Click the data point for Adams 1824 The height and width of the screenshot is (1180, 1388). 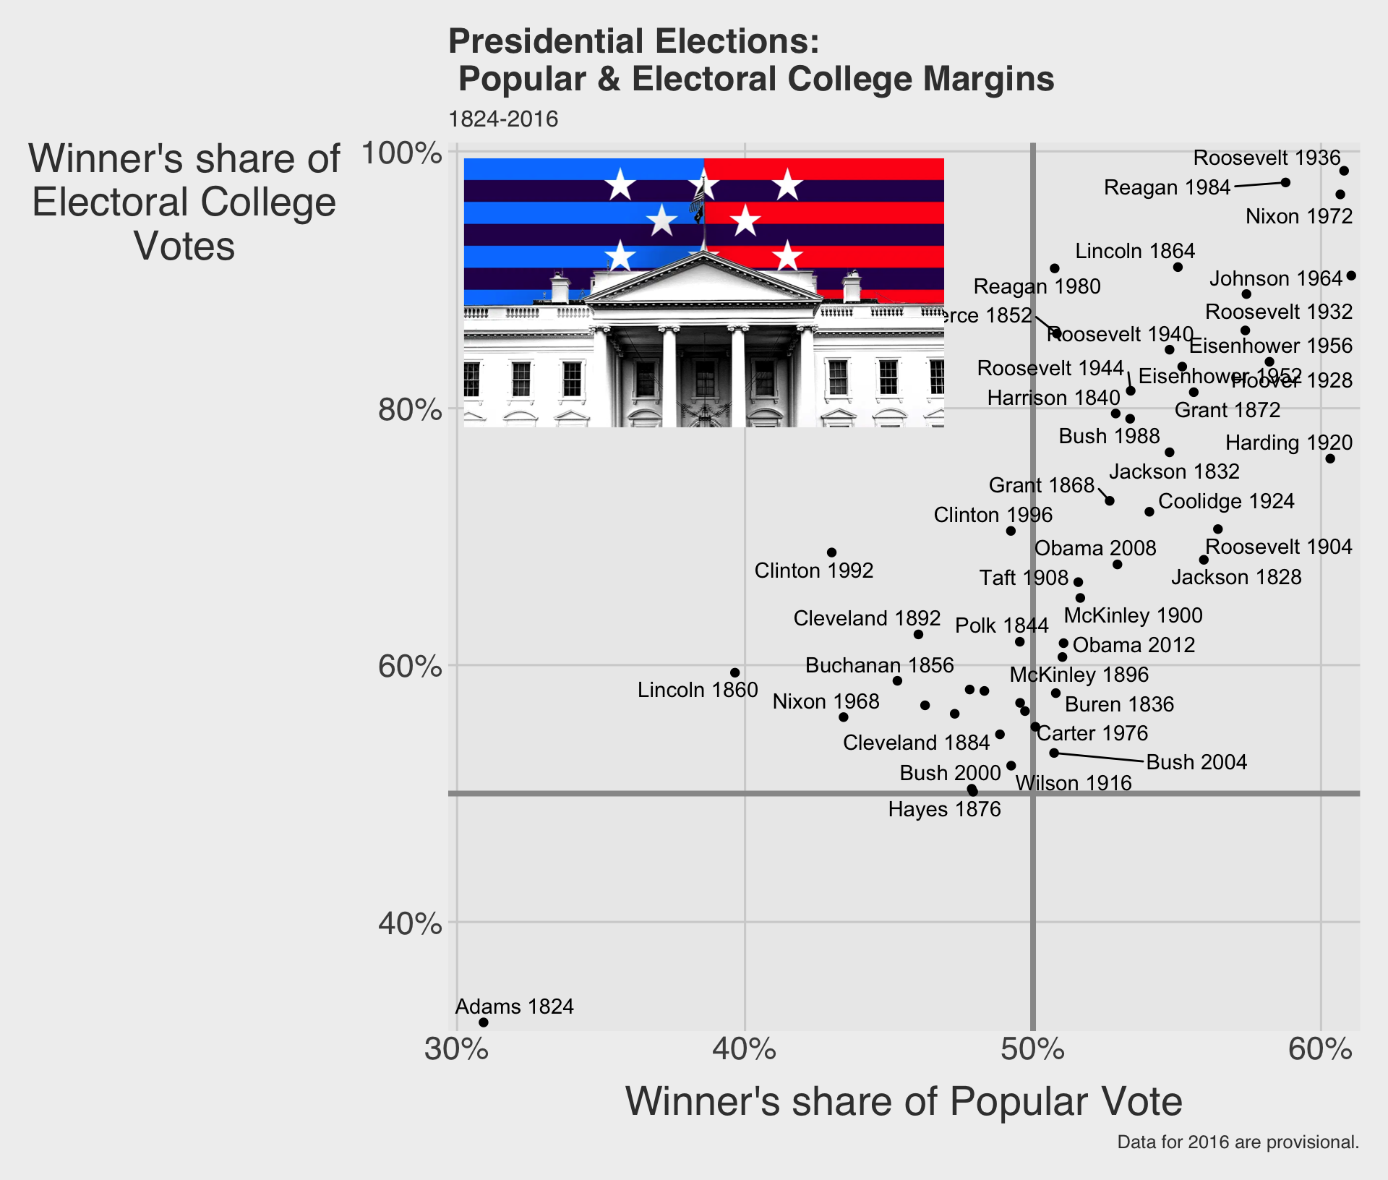coord(483,1022)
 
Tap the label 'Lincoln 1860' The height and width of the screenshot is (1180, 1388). coord(698,690)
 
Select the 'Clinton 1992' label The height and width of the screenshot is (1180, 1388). coord(814,570)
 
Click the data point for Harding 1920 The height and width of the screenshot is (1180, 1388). coord(1330,459)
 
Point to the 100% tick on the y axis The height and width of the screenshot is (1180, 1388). coord(401,153)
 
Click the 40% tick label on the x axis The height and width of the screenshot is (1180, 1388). coord(744,1050)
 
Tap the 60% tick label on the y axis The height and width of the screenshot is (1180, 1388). coord(410,666)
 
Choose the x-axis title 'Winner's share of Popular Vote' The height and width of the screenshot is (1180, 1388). coord(904,1102)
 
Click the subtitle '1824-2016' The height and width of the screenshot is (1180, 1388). coord(503,119)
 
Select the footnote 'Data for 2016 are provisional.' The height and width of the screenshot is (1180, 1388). coord(1238,1142)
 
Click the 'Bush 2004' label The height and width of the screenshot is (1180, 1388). coord(1196,762)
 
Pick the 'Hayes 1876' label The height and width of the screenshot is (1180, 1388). coord(944,809)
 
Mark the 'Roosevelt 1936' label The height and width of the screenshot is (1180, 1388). coord(1267,158)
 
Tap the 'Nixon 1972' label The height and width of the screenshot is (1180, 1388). coord(1299,216)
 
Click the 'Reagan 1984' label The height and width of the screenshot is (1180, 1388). coord(1167,187)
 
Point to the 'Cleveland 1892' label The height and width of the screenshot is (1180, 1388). coord(867,618)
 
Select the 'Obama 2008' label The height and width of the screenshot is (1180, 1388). coord(1095,548)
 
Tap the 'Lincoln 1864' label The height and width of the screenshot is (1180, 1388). coord(1135,251)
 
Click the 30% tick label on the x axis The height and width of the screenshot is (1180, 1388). coord(456,1050)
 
